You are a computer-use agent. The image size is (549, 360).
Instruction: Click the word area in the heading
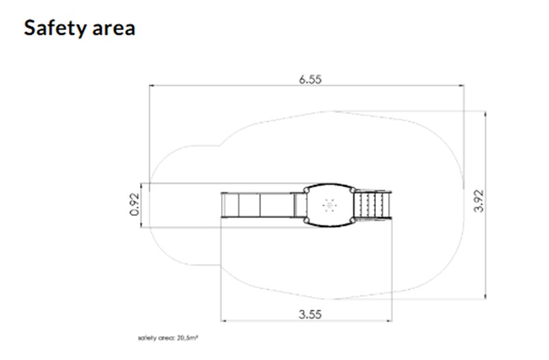point(114,29)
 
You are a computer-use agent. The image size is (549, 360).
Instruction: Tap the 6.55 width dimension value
point(310,80)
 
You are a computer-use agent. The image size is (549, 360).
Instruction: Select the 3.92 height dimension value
point(478,201)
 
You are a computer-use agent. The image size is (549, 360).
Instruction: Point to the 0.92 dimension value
point(135,204)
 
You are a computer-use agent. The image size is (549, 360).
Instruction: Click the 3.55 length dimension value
point(310,314)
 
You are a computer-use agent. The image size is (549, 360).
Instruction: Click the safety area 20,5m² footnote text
point(168,338)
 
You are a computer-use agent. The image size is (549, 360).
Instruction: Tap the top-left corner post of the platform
point(307,190)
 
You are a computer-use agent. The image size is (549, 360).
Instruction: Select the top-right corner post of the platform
point(353,190)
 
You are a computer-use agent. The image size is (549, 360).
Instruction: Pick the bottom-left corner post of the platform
point(307,220)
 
